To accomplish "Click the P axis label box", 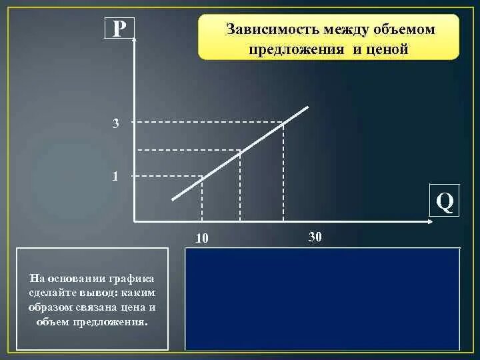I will point(119,29).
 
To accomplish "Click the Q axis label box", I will point(445,201).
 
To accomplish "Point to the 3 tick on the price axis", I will point(116,123).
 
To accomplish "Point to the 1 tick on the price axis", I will point(116,177).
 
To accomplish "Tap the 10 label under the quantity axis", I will point(202,239).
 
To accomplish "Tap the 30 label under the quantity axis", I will point(315,237).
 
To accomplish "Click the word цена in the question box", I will point(134,307).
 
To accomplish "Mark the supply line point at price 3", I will point(283,123).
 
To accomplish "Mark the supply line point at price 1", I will point(202,176).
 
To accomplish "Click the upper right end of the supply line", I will point(308,107).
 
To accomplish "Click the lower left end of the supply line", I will point(173,199).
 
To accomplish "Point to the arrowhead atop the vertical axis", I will point(134,39).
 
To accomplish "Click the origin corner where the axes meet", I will point(134,221).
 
